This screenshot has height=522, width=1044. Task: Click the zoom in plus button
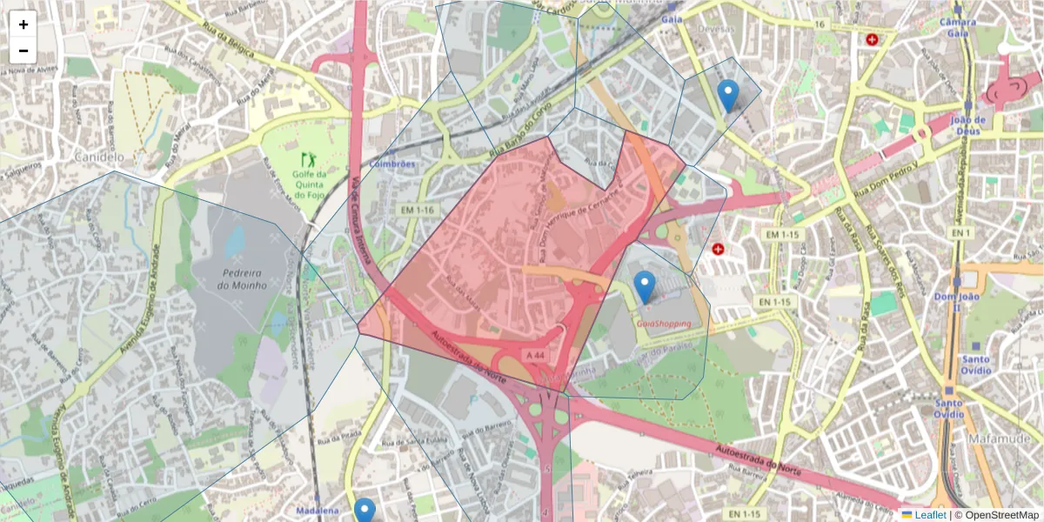[x=23, y=25]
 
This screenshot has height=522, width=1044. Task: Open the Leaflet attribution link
[x=930, y=515]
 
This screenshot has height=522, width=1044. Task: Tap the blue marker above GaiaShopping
[x=644, y=286]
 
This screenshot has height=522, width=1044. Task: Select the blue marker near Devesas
[x=728, y=95]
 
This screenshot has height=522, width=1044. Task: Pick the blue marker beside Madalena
[x=365, y=512]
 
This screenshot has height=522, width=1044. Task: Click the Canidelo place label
[x=100, y=157]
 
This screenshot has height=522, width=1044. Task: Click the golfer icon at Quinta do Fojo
[x=307, y=159]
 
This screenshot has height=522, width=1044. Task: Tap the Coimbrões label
[x=391, y=164]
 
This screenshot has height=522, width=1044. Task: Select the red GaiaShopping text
[x=664, y=324]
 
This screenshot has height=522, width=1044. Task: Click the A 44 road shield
[x=535, y=355]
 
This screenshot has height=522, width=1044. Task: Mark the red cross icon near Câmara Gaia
[x=872, y=39]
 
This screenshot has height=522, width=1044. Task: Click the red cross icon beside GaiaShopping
[x=718, y=250]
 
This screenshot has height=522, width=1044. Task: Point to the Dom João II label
[x=956, y=302]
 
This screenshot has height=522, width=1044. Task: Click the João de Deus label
[x=967, y=125]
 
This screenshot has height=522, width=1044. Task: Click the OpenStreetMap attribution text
[x=996, y=515]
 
